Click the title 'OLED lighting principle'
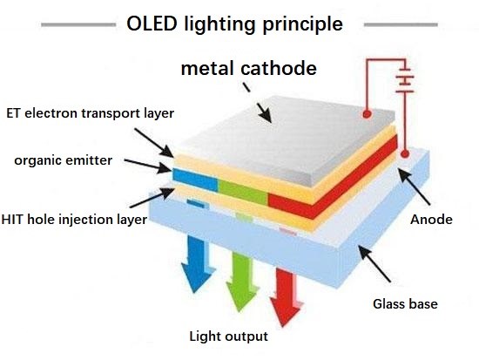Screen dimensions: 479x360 pyautogui.click(x=234, y=24)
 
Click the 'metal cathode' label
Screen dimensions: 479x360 pyautogui.click(x=249, y=68)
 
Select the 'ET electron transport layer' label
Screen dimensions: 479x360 pyautogui.click(x=90, y=113)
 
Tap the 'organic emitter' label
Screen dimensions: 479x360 pyautogui.click(x=64, y=160)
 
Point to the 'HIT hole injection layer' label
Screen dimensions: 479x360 pyautogui.click(x=74, y=220)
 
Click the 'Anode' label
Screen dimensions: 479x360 pyautogui.click(x=431, y=220)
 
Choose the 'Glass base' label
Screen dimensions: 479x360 pyautogui.click(x=405, y=303)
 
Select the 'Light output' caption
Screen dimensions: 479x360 pyautogui.click(x=228, y=336)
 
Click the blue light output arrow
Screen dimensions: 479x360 pyautogui.click(x=198, y=264)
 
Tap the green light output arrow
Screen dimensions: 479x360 pyautogui.click(x=242, y=282)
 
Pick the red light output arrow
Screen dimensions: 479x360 pyautogui.click(x=286, y=296)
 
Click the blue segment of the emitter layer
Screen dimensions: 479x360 pyautogui.click(x=195, y=180)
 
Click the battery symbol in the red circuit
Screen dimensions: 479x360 pyautogui.click(x=405, y=80)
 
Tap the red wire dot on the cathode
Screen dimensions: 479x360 pyautogui.click(x=367, y=114)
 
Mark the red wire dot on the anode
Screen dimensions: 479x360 pyautogui.click(x=405, y=153)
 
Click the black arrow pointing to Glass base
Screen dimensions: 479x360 pyautogui.click(x=374, y=264)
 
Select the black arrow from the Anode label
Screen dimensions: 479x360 pyautogui.click(x=414, y=187)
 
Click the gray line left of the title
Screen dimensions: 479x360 pyautogui.click(x=78, y=24)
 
